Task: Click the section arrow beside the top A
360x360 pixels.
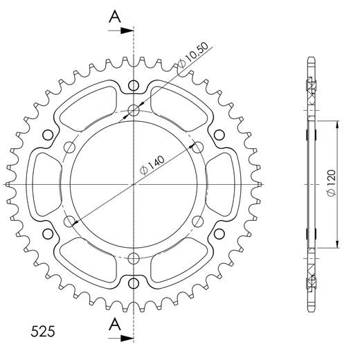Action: pyautogui.click(x=125, y=31)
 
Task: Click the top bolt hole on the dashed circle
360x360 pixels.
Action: pyautogui.click(x=134, y=109)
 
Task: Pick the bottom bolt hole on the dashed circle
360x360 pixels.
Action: pyautogui.click(x=134, y=258)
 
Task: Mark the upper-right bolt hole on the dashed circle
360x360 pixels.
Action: pyautogui.click(x=198, y=147)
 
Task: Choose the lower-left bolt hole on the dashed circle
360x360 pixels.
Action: pyautogui.click(x=70, y=222)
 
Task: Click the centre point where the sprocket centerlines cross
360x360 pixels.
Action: pyautogui.click(x=134, y=184)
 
